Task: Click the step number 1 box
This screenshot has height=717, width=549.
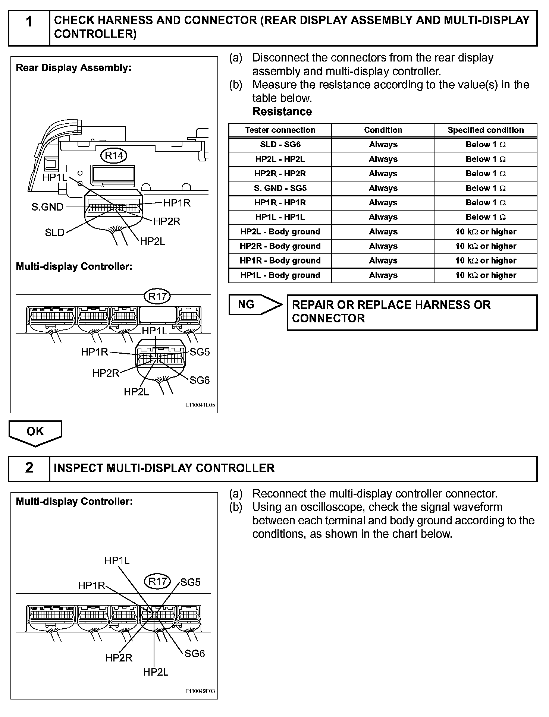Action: (29, 28)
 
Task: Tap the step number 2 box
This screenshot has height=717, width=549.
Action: (29, 468)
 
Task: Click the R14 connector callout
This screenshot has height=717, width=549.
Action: (114, 155)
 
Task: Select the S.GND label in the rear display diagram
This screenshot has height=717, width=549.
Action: (48, 207)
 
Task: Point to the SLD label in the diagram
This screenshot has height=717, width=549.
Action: (54, 233)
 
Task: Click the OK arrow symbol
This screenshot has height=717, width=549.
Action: (35, 432)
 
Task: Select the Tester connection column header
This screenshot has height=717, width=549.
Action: (280, 130)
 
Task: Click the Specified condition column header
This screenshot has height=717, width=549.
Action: (486, 130)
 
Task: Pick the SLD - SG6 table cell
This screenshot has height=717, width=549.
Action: (280, 145)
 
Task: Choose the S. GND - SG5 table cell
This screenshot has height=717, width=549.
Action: (280, 188)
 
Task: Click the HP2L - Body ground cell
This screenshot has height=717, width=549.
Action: (280, 232)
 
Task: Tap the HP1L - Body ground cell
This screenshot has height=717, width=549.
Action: (280, 275)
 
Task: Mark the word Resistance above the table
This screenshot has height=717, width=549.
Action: (282, 111)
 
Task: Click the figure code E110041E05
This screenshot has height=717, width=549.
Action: (200, 405)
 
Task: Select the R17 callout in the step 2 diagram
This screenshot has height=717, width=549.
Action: (157, 581)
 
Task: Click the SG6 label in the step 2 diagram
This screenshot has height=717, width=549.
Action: (195, 653)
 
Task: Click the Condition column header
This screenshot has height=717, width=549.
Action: (383, 130)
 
